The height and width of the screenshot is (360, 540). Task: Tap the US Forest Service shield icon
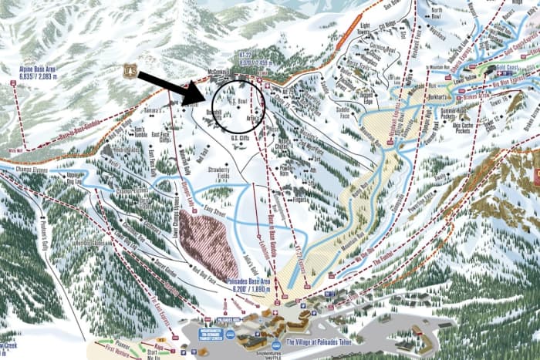[x=130, y=71]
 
